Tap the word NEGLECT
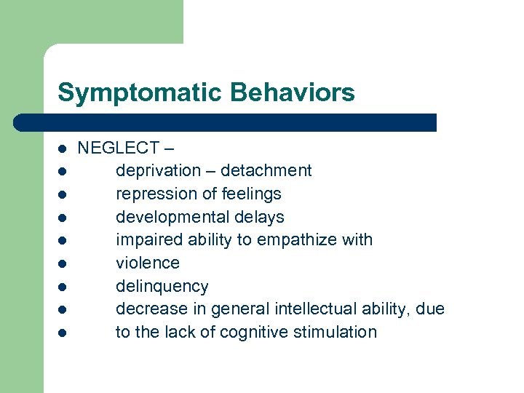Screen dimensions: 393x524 (x=118, y=148)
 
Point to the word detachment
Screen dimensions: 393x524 (x=266, y=171)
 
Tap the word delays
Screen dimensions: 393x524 (x=260, y=217)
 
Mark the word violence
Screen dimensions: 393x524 (x=148, y=263)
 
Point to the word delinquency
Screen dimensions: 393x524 (x=162, y=286)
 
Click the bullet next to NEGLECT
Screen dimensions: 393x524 (x=63, y=148)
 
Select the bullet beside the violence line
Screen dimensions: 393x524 (x=63, y=263)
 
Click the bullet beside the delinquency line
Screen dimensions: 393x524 (x=63, y=287)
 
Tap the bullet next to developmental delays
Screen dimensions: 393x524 (x=63, y=218)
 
